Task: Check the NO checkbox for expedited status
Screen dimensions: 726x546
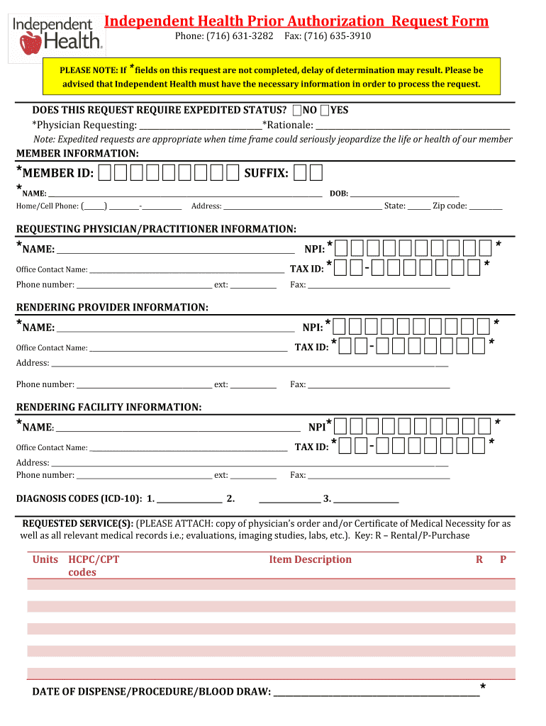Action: tap(297, 110)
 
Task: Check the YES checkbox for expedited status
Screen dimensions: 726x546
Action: tap(324, 110)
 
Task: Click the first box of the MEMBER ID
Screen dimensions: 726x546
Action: tap(105, 173)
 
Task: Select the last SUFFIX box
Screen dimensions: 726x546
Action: tap(316, 173)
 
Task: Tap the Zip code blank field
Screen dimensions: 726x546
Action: tap(486, 206)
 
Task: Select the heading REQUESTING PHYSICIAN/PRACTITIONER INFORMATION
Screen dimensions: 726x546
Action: tap(156, 229)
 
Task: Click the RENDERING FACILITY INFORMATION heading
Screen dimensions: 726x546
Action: tap(108, 407)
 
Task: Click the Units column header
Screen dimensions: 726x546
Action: tap(45, 559)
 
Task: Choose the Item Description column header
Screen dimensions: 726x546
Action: tap(310, 559)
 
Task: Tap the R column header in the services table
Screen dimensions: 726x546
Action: tap(479, 559)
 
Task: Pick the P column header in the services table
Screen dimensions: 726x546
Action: tap(503, 559)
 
